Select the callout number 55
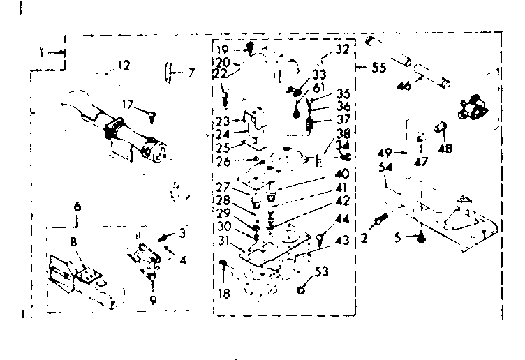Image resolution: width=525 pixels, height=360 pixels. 379,68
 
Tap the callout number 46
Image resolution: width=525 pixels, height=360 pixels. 404,87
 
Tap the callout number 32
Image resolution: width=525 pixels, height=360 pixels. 341,50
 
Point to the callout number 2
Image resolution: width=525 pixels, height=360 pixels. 364,237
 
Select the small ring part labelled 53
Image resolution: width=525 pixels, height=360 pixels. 302,290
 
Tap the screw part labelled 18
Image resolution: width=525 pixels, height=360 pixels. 223,263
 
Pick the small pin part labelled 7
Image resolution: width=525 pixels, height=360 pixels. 168,71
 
